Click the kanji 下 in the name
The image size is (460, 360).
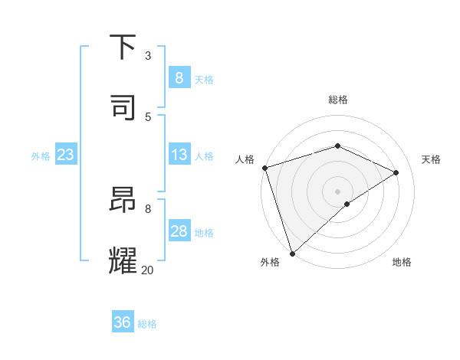(124, 47)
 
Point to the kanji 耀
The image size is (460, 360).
(124, 260)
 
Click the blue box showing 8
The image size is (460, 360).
(179, 77)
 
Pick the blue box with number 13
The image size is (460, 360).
(179, 155)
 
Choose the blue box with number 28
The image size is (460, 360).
(179, 231)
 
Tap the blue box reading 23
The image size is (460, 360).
(65, 155)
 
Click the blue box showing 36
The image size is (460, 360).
(122, 322)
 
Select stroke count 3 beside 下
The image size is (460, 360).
(148, 55)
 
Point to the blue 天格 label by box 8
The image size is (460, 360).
(204, 79)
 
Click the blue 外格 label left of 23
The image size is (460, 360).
(41, 156)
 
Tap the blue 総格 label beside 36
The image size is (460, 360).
(147, 324)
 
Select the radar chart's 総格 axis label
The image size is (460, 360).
(338, 100)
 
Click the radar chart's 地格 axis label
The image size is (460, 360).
(402, 263)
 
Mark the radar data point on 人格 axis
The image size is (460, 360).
(264, 168)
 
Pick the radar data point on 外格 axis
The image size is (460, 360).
(292, 253)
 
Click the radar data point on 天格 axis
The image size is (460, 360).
(396, 172)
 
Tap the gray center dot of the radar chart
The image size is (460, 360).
(338, 191)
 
